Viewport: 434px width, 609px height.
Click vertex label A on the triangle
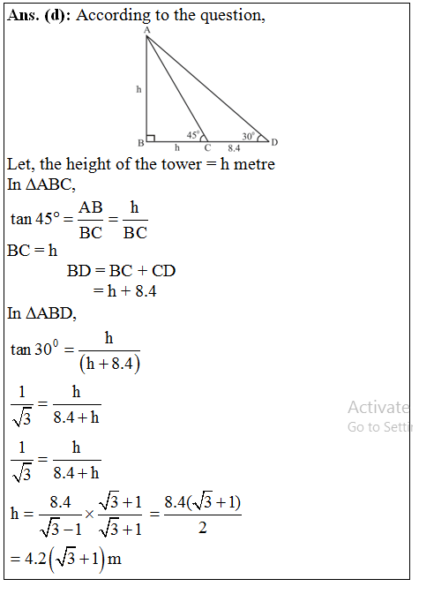pos(146,31)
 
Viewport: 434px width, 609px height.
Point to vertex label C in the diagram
pos(207,147)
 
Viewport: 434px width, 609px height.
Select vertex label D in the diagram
pos(274,142)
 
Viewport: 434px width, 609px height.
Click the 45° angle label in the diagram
pos(193,135)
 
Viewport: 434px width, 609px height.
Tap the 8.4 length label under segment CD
pos(234,147)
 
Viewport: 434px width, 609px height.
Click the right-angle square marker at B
pos(151,138)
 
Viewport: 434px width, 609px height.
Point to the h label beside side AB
pos(138,89)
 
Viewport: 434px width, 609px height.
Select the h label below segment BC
pos(176,147)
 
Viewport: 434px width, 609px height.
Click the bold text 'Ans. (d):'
pos(39,16)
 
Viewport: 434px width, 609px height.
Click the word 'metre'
pos(252,164)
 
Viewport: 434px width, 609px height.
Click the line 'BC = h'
pos(32,251)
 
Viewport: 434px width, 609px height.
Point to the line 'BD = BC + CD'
pos(121,270)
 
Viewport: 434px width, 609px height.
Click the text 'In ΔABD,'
pos(41,313)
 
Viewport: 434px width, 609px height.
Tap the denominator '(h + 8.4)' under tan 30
pos(109,361)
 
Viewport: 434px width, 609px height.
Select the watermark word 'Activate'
pos(378,407)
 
